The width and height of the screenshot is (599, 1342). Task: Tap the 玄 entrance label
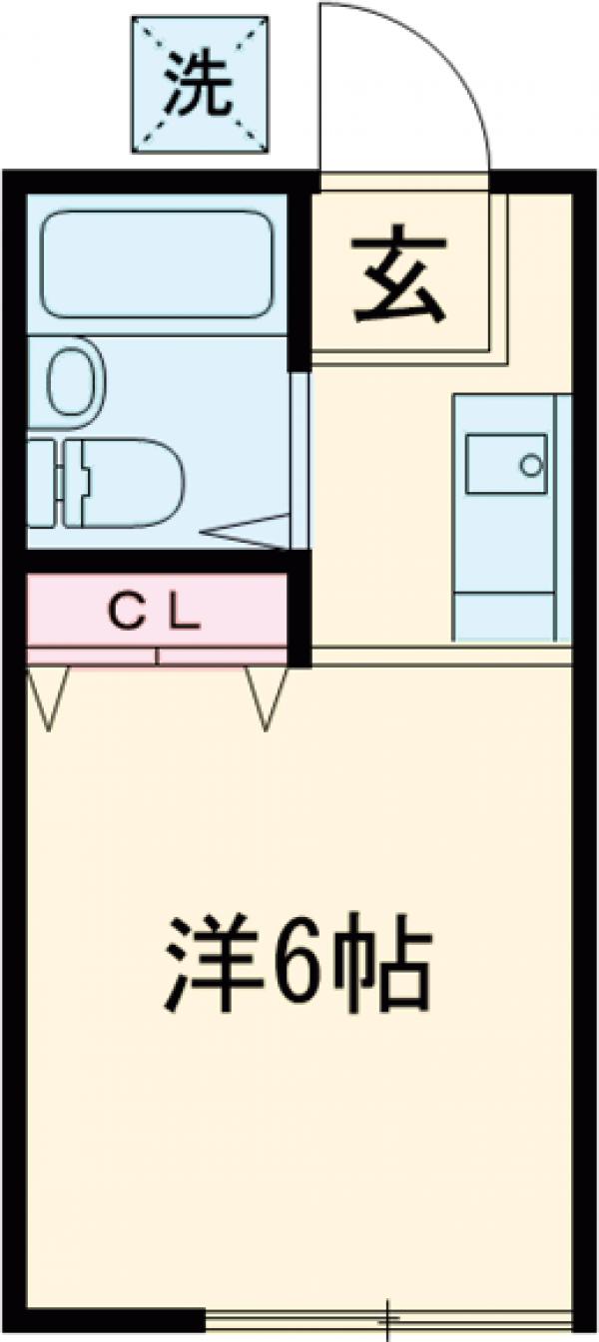(397, 281)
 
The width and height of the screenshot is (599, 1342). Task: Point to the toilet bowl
(130, 483)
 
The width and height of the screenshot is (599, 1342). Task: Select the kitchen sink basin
(506, 463)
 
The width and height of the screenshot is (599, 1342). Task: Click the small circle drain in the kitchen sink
(532, 464)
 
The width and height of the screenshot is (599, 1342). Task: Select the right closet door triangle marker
(267, 696)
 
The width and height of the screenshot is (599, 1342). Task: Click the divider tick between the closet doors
(157, 656)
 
